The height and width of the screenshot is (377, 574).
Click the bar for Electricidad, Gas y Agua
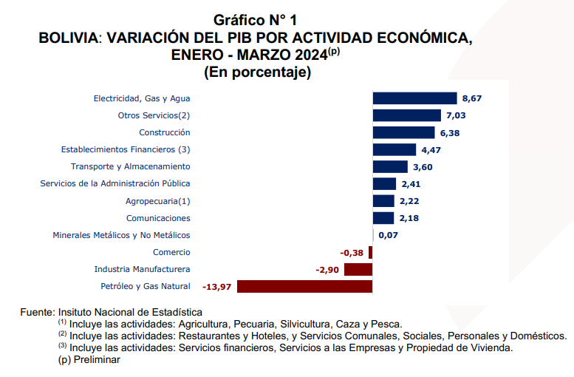point(414,98)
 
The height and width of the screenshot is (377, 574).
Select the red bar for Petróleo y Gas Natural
point(304,287)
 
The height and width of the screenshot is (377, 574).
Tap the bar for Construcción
point(403,132)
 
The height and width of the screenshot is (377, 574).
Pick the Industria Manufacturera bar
point(358,270)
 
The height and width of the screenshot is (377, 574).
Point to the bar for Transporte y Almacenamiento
point(390,167)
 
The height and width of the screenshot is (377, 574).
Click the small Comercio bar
point(371,253)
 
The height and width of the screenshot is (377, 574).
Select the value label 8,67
point(472,98)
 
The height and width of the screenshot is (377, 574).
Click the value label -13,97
point(216,287)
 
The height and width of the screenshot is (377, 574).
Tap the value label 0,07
point(388,236)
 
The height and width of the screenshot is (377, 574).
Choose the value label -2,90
point(327,270)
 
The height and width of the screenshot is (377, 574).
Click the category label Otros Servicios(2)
point(154,115)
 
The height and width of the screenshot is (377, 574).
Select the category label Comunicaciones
point(158,218)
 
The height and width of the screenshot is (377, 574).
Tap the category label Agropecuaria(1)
point(157,201)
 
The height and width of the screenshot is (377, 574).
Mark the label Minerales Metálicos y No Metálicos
point(121,235)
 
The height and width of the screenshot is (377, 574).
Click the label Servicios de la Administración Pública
point(115,183)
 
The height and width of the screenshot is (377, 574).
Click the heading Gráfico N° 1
point(255,20)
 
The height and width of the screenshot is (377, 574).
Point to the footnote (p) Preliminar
point(89,359)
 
